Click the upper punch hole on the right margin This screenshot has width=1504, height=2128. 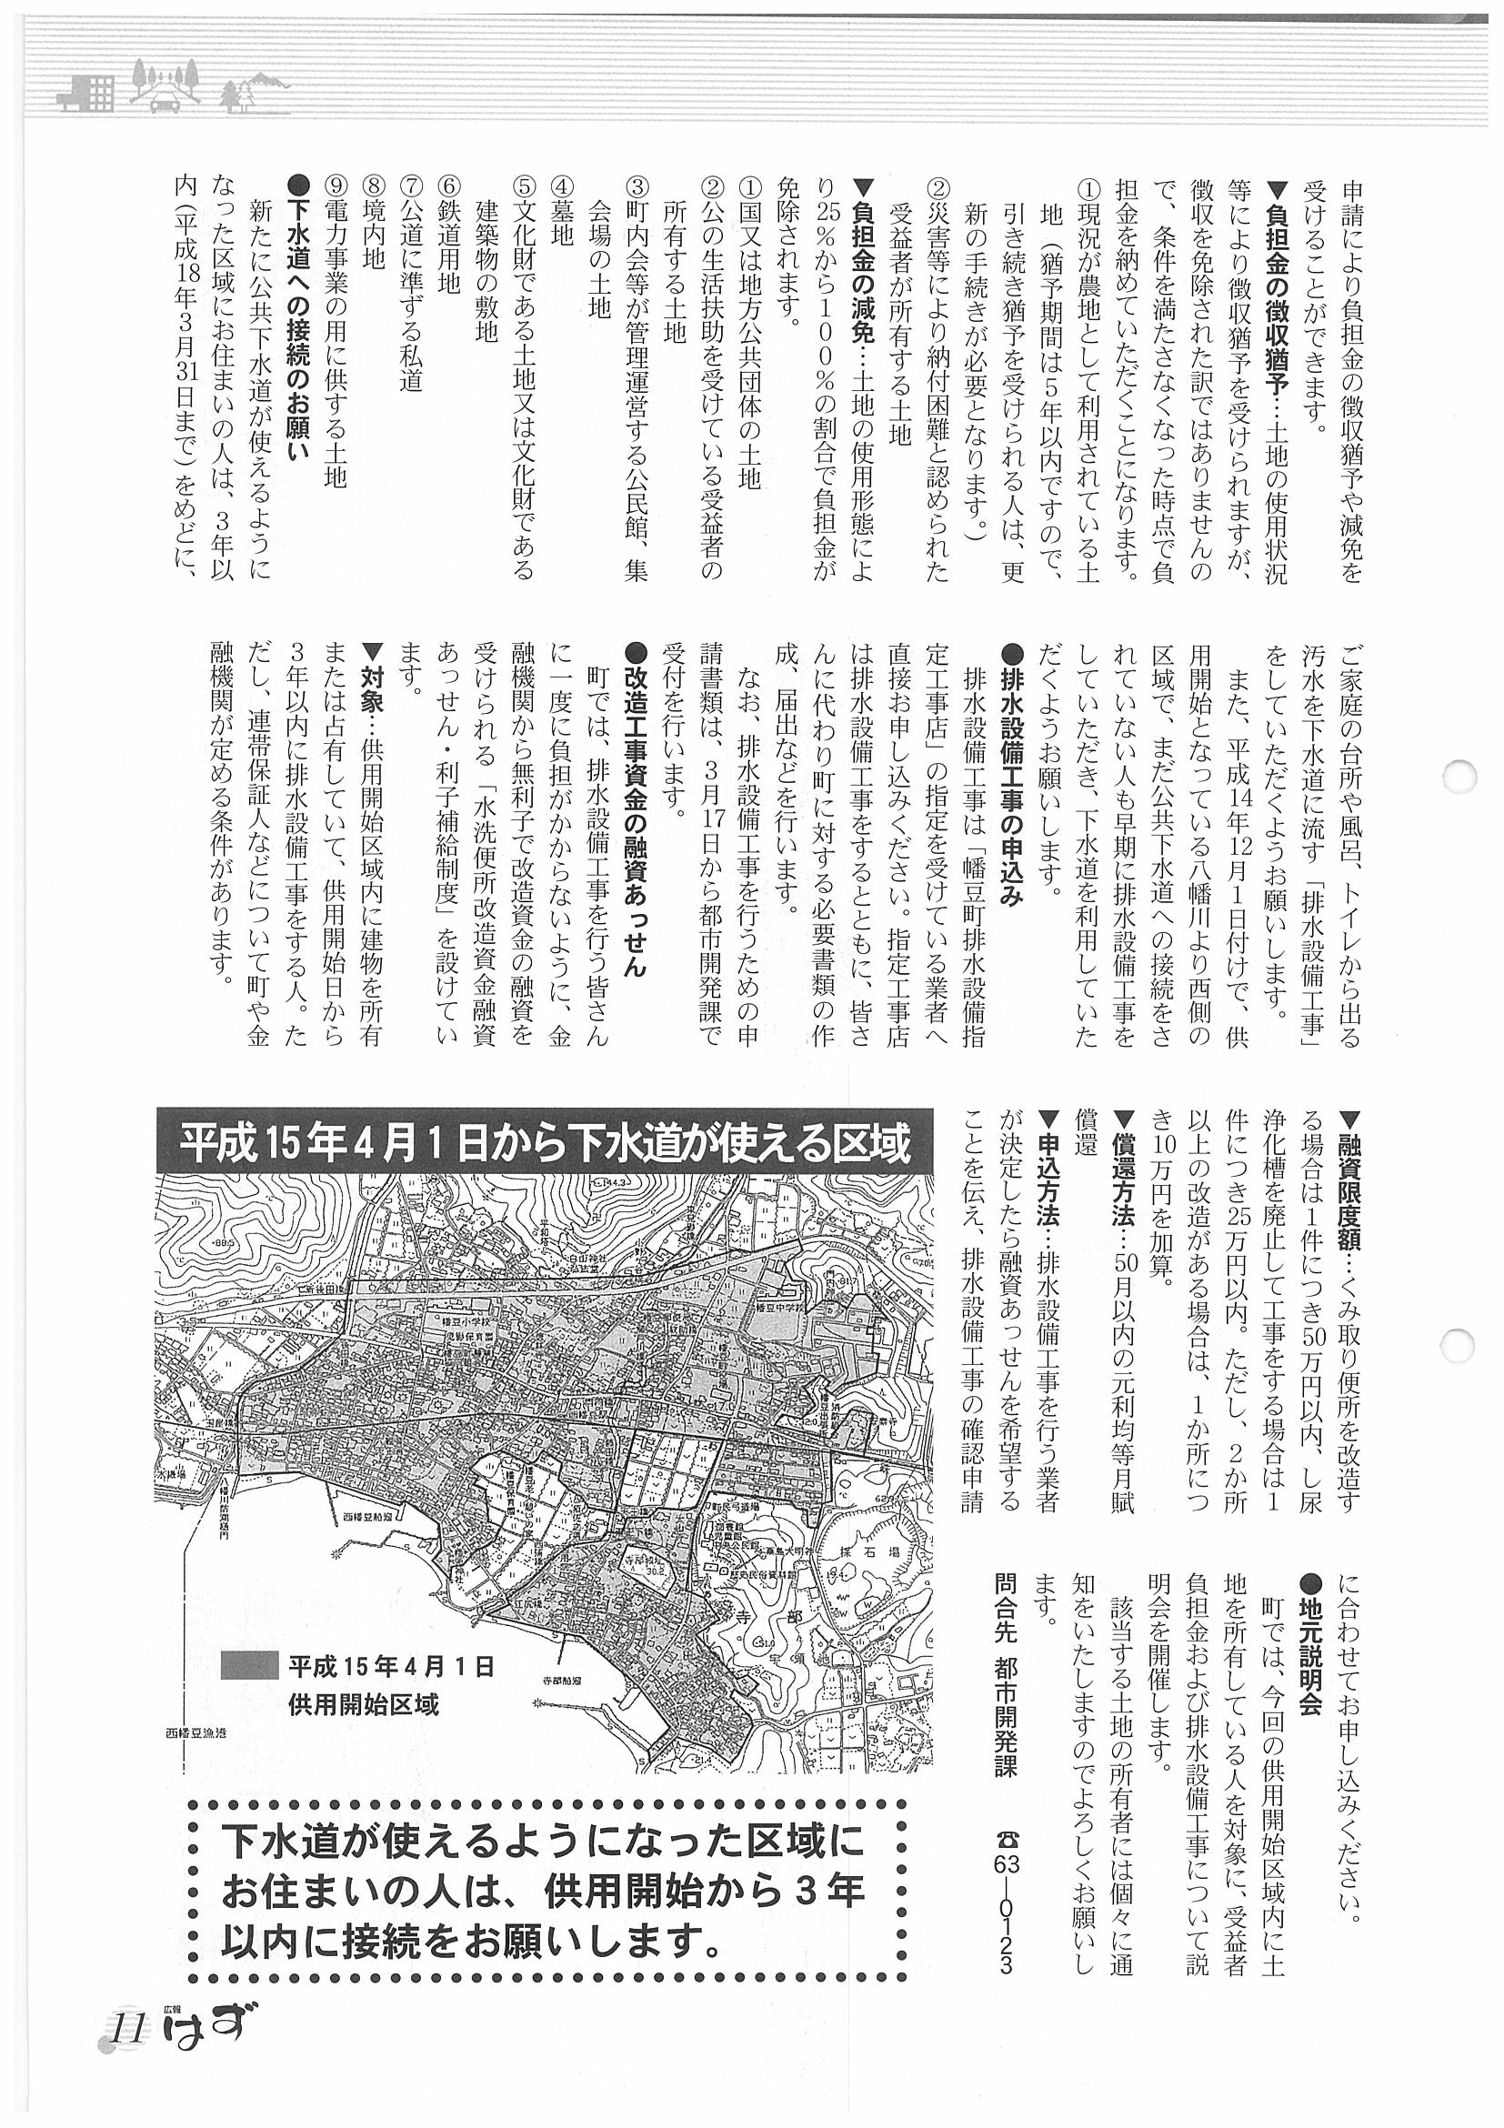1463,775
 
